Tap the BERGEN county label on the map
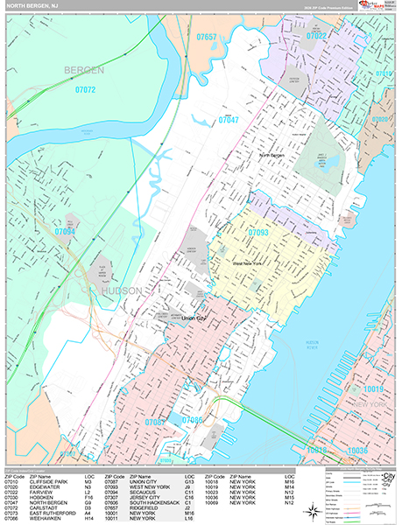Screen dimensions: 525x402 pyautogui.click(x=82, y=69)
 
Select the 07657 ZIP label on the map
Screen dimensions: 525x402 pyautogui.click(x=207, y=38)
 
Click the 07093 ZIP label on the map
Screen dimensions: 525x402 pyautogui.click(x=257, y=233)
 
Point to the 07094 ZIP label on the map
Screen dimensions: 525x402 pyautogui.click(x=65, y=232)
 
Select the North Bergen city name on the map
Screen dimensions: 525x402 pyautogui.click(x=272, y=155)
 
